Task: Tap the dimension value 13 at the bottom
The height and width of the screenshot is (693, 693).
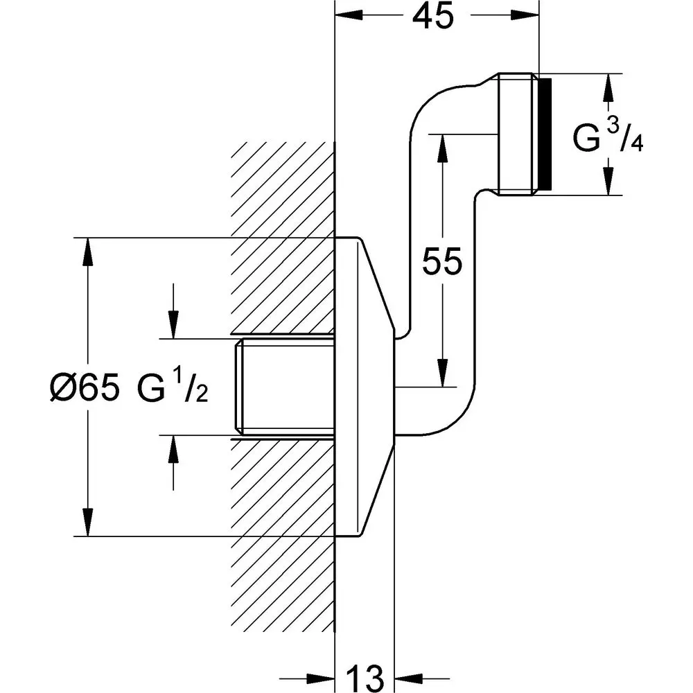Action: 365,678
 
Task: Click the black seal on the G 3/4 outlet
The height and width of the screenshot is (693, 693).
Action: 545,134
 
